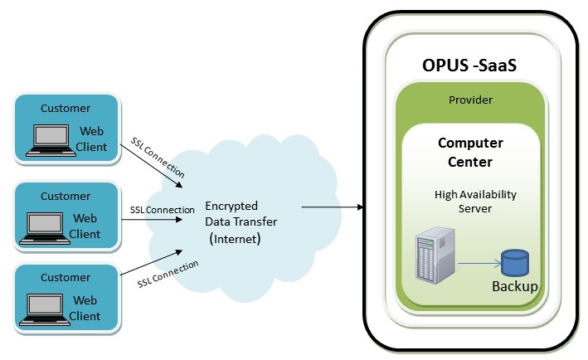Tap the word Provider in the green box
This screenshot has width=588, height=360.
coord(470,100)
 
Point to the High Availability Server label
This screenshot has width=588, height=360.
coord(475,200)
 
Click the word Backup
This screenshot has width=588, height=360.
coord(513,287)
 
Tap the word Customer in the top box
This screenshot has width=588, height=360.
coord(66,108)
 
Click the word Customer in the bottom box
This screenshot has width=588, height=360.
coord(66,278)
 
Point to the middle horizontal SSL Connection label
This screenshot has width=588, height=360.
coord(163,210)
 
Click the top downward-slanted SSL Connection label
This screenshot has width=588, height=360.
coord(158,157)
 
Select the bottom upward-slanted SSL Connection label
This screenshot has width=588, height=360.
coord(168,273)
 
